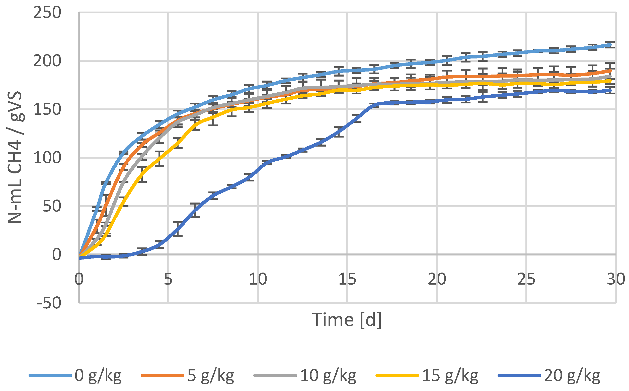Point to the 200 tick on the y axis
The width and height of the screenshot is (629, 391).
tap(47, 61)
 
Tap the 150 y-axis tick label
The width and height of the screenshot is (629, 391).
tap(47, 110)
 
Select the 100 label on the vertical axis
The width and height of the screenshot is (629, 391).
tap(47, 158)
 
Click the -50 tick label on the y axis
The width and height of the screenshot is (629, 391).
tap(49, 303)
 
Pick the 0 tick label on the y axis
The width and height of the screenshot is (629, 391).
tap(57, 255)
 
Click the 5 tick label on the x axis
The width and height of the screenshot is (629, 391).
tap(168, 279)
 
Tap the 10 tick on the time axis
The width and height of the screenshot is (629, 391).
tap(258, 279)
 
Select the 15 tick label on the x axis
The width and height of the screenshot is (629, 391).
tap(347, 279)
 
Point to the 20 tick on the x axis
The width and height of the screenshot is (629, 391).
tap(437, 279)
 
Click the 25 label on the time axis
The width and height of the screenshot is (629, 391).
tap(526, 279)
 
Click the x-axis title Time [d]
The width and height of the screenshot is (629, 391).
tap(347, 320)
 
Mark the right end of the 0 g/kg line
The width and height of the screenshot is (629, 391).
tap(610, 45)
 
